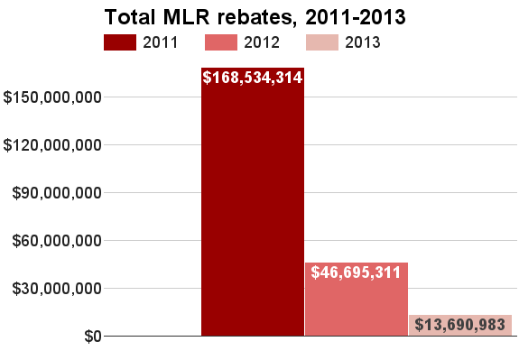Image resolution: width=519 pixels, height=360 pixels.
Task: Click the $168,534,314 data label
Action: click(x=253, y=78)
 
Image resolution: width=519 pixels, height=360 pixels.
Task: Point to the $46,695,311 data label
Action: click(x=356, y=272)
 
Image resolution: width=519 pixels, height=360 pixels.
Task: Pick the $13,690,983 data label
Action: click(x=460, y=325)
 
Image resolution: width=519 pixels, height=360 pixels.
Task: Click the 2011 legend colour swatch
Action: click(x=119, y=42)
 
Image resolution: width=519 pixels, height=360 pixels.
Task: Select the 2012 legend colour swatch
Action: click(x=221, y=42)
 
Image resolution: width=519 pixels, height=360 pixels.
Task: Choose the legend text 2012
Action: click(x=262, y=42)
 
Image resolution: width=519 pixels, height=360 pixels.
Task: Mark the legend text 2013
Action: click(x=362, y=42)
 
